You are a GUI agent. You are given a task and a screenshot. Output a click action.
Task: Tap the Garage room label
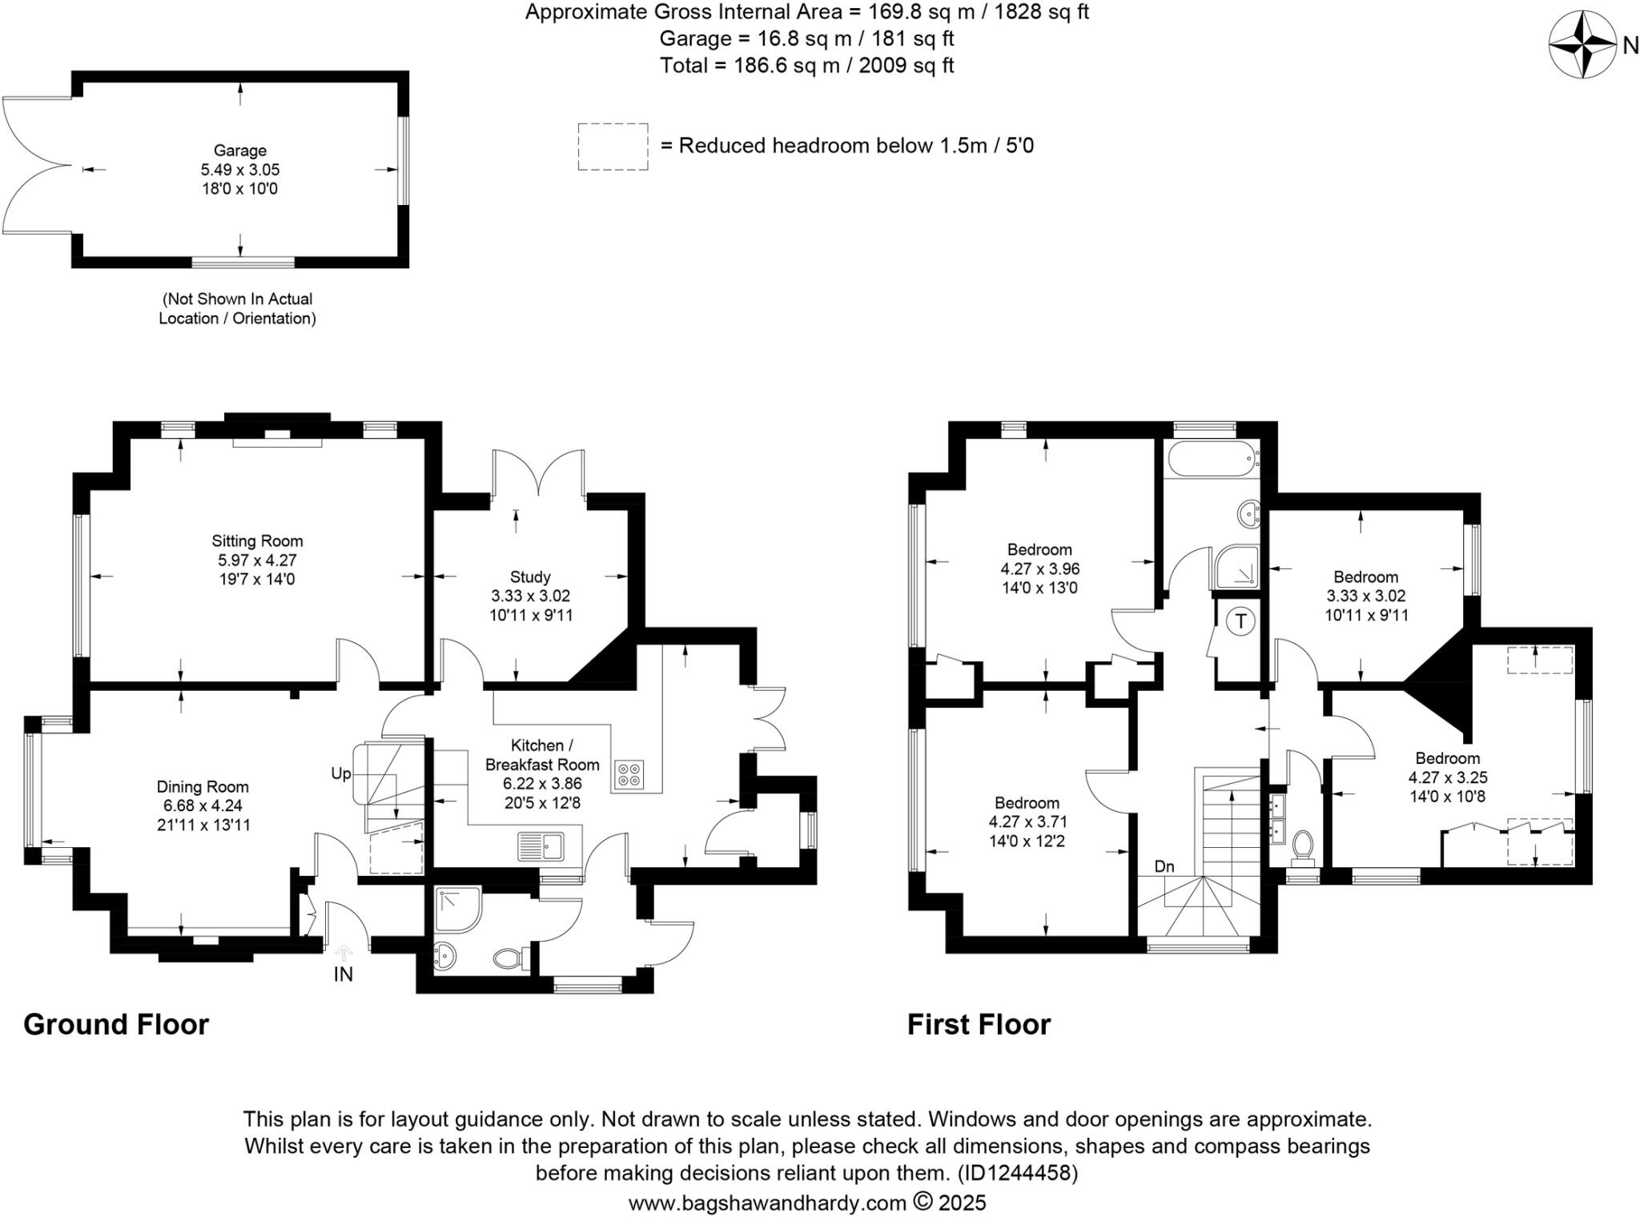239,151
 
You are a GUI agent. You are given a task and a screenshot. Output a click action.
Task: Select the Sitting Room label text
257,541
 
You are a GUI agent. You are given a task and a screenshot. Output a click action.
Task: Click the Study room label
530,576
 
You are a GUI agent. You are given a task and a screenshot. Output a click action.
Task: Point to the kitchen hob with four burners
629,774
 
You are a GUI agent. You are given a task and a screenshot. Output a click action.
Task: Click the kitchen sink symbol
541,845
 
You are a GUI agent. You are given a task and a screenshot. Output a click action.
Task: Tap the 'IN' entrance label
343,974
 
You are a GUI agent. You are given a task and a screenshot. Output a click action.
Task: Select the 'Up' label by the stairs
341,773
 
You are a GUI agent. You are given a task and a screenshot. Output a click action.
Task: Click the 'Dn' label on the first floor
1164,866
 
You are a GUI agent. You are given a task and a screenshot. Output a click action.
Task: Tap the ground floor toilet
508,958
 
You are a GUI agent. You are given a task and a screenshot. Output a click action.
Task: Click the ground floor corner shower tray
458,910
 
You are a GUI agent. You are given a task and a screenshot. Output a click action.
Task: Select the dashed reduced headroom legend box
613,147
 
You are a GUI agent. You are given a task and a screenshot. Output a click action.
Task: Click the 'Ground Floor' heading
116,1025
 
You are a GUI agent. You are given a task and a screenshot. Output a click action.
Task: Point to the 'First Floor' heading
979,1025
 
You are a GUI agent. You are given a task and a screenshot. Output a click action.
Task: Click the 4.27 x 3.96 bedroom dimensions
1039,569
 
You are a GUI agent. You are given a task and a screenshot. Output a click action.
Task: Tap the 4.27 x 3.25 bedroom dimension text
1448,777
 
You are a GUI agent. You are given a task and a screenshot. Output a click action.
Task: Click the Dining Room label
203,786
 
